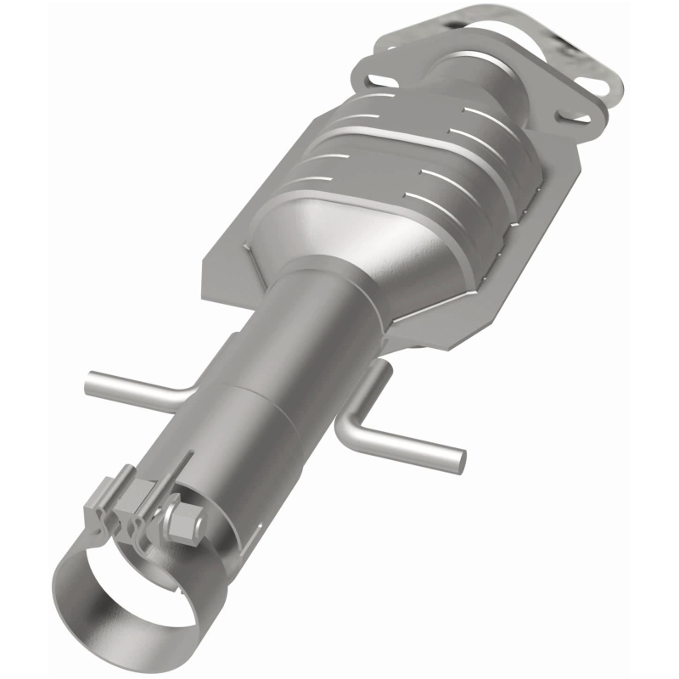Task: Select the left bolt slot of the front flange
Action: (x=374, y=81)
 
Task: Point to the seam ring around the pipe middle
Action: (x=255, y=399)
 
